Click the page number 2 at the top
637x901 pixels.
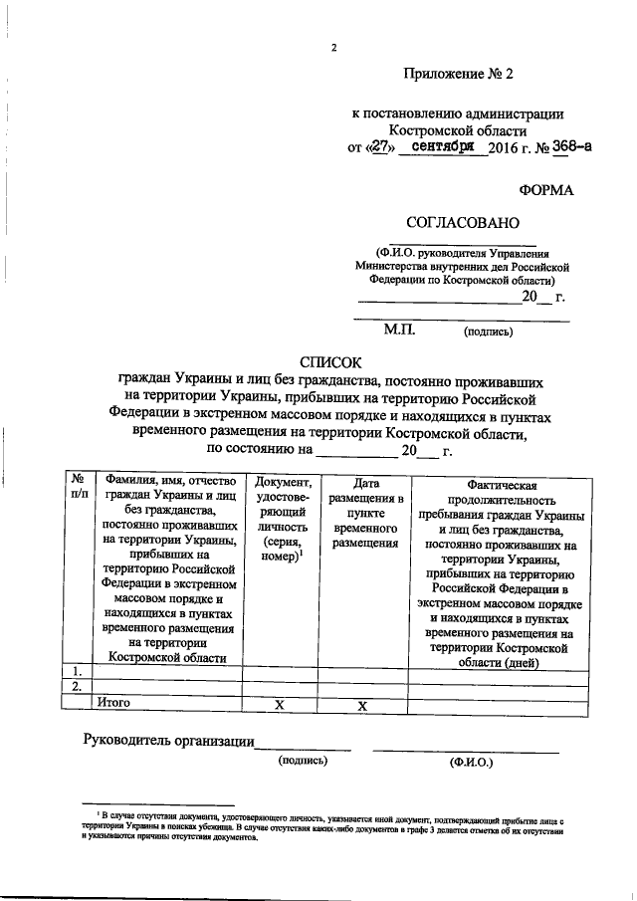pyautogui.click(x=334, y=48)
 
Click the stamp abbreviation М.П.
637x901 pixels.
pyautogui.click(x=403, y=331)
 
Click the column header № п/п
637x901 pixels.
pyautogui.click(x=76, y=488)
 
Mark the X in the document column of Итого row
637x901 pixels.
pyautogui.click(x=280, y=704)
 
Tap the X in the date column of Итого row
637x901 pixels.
pyautogui.click(x=363, y=704)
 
